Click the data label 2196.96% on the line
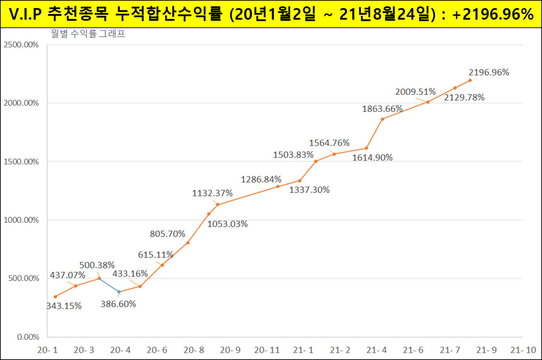pos(489,72)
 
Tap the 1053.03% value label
pos(227,224)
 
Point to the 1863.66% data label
pos(383,108)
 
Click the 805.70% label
pos(168,234)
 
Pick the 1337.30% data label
pos(309,190)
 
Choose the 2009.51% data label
pos(416,92)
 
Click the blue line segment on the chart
pos(109,285)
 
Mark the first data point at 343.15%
pos(55,297)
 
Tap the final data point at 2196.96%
pos(470,80)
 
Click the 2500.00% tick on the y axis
pos(21,45)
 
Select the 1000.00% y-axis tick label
pos(21,220)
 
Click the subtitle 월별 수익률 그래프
pos(88,34)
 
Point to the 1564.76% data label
pos(329,143)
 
